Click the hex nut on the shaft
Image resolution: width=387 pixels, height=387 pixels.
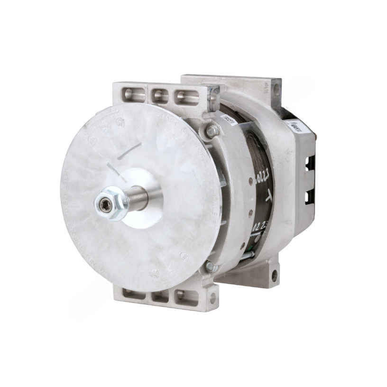tap(114, 204)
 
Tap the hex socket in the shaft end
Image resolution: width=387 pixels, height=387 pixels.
tap(104, 204)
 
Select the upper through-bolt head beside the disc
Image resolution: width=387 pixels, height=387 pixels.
tap(212, 129)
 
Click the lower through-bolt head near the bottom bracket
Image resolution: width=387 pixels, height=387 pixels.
tap(212, 267)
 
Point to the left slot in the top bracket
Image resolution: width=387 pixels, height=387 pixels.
tap(134, 97)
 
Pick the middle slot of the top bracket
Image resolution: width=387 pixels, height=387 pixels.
tap(160, 97)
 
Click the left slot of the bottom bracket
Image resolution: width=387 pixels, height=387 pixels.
tap(133, 294)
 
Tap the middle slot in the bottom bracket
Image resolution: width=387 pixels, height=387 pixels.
tap(160, 296)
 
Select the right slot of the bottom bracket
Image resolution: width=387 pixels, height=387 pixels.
tap(186, 297)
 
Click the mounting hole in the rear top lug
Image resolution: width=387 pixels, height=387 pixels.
tap(276, 88)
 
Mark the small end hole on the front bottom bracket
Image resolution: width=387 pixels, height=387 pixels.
tap(212, 298)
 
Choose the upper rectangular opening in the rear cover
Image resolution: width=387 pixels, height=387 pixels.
tap(309, 164)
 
